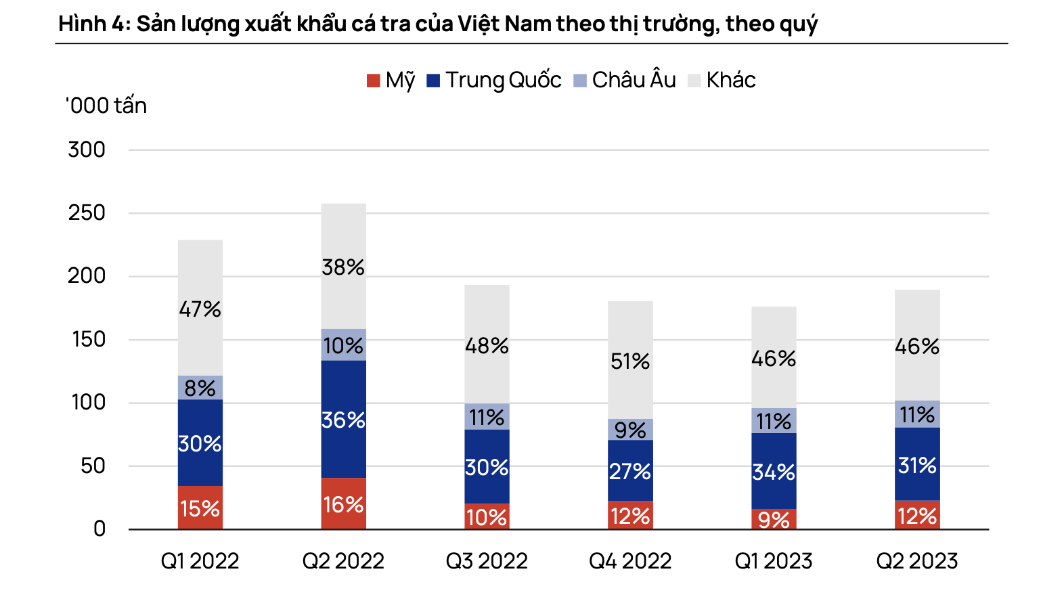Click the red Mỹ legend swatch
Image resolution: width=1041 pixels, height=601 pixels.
(373, 81)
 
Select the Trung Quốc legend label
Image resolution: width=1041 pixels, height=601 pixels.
(503, 81)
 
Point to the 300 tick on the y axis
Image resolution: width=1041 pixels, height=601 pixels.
(87, 150)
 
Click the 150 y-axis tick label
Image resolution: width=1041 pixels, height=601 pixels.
(88, 339)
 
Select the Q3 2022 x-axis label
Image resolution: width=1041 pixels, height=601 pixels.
(487, 561)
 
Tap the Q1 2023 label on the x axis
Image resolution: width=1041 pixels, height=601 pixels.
(773, 561)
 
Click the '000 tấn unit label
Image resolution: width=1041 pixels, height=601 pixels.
(106, 106)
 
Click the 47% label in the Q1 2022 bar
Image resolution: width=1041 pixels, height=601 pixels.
(200, 309)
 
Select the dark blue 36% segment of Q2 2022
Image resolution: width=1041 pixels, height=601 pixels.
(343, 420)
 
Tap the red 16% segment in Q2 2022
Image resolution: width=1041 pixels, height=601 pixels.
(343, 504)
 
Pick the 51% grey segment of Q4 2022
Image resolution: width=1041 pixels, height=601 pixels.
(630, 361)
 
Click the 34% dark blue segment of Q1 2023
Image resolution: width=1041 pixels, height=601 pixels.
(774, 471)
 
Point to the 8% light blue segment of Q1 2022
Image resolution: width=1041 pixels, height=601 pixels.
(200, 388)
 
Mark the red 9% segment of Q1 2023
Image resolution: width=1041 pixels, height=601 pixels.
(774, 519)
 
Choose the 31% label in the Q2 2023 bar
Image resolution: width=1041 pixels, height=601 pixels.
(917, 465)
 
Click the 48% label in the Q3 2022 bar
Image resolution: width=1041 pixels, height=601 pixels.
(487, 346)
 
